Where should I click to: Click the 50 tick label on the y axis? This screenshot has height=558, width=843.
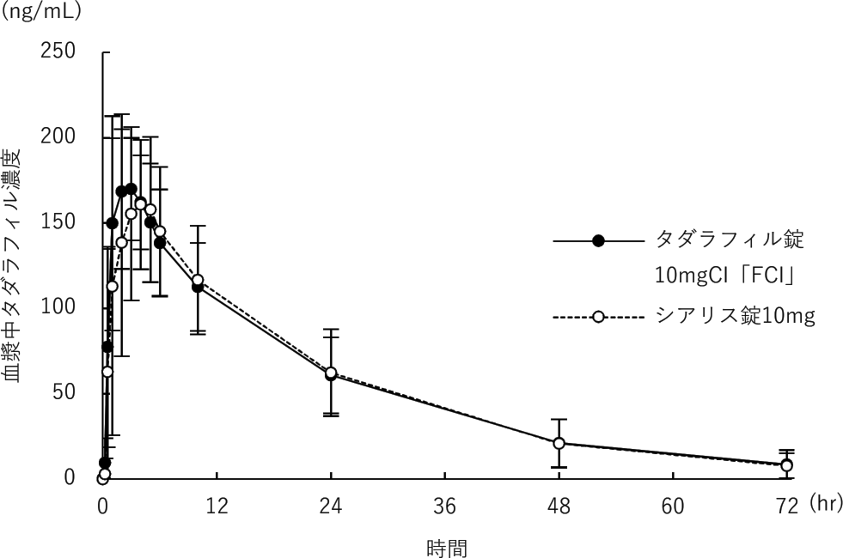click(66, 391)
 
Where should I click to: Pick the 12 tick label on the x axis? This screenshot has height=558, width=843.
click(217, 506)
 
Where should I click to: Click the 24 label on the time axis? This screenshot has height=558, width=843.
click(331, 506)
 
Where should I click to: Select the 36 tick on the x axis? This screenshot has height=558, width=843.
click(445, 506)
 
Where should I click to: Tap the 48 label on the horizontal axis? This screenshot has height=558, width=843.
click(559, 506)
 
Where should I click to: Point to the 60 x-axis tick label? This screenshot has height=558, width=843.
click(674, 506)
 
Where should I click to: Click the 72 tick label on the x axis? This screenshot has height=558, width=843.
click(787, 506)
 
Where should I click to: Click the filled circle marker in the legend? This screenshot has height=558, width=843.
click(599, 240)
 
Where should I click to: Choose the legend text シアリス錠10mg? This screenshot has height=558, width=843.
click(735, 316)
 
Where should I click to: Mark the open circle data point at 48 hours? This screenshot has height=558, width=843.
click(559, 443)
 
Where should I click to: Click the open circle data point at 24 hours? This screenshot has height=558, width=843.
click(331, 373)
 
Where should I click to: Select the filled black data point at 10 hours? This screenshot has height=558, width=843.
click(198, 288)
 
